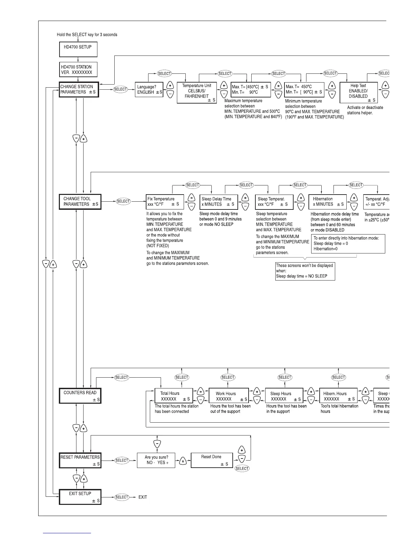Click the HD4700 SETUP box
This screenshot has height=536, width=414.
pos(78,49)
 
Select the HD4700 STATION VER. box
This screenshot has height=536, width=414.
pos(78,70)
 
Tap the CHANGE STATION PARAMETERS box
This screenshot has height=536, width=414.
pos(79,90)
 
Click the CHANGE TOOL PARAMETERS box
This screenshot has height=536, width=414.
pos(80,202)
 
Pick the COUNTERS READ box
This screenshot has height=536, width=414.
pos(80,396)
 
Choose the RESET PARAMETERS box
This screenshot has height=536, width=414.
pos(80,460)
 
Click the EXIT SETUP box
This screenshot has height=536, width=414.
pos(80,497)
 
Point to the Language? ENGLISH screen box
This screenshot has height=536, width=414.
pos(149,90)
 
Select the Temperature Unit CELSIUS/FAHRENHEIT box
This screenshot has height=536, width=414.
pos(197,93)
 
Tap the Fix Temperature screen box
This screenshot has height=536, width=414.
pos(165,202)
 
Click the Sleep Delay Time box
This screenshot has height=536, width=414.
pos(219,202)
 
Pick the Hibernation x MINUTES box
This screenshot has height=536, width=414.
pos(327,202)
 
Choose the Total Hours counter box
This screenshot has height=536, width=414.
pos(174,396)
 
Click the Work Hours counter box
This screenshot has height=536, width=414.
pos(229,396)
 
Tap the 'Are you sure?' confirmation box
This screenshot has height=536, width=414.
pos(156,460)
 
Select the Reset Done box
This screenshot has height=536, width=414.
pos(212,460)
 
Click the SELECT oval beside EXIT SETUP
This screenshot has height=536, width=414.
pos(122,497)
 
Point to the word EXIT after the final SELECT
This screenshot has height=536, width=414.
pos(143,497)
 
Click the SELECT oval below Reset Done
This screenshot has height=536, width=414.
pos(242,468)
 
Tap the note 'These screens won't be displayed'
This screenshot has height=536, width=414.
pos(305,271)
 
